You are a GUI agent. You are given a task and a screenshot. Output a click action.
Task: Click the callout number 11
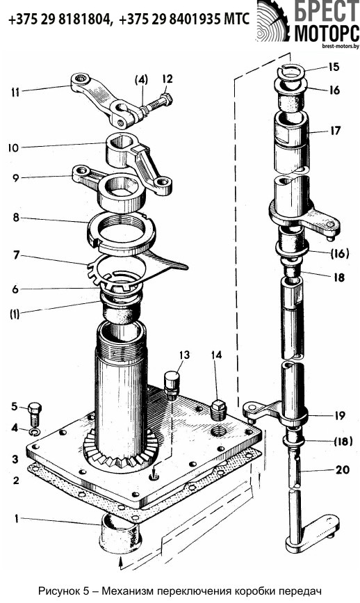coord(15,93)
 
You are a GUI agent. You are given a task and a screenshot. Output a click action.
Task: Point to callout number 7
coord(16,255)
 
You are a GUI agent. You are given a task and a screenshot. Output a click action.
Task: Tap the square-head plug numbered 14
coord(218,411)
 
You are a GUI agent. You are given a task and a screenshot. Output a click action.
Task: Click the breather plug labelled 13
coord(172,382)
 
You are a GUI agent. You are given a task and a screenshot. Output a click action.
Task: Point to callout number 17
coord(335,131)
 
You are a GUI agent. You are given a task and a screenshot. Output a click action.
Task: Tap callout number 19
coord(338,416)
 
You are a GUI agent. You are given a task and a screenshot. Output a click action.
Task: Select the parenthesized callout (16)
coord(338,254)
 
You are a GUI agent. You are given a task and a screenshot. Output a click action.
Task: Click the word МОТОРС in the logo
coord(326,33)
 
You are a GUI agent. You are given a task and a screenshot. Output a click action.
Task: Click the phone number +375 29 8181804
coord(59,19)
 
